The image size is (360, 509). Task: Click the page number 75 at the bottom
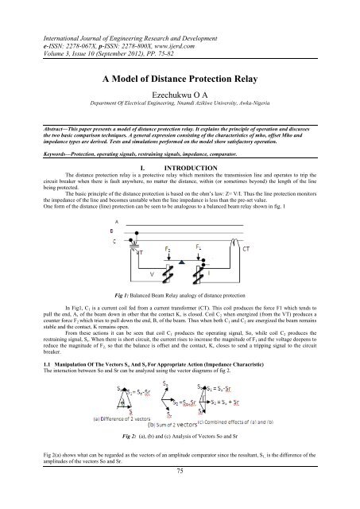pyautogui.click(x=180, y=493)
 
